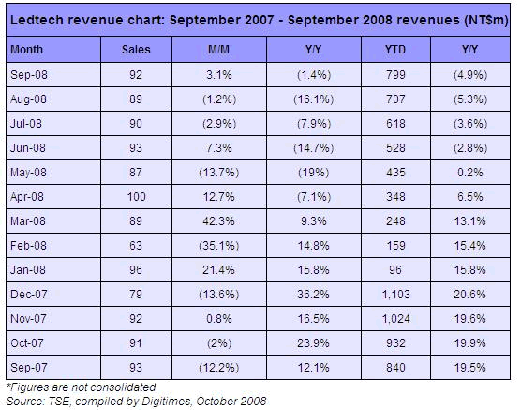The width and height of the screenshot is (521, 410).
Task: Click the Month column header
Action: tap(26, 50)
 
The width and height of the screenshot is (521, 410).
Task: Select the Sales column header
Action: tap(136, 50)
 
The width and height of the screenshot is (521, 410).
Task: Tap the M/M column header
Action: tap(218, 50)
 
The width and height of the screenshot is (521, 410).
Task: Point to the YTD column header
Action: tap(395, 50)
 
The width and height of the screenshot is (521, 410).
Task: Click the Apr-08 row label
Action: tap(27, 197)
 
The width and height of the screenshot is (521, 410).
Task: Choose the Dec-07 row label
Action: tap(28, 295)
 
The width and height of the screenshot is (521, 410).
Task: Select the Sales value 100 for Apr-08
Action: tap(137, 197)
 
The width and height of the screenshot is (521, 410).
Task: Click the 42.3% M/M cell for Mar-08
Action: tap(218, 221)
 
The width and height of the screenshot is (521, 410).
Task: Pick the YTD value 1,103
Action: tap(396, 295)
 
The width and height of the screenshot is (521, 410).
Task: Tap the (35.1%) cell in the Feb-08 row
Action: tap(218, 246)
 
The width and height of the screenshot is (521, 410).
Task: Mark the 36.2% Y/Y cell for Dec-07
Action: tap(313, 295)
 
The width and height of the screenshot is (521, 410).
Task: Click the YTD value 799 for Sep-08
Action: tap(395, 74)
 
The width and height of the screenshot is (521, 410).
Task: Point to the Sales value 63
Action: tap(136, 246)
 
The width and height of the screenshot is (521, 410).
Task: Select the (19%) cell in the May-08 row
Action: tap(313, 173)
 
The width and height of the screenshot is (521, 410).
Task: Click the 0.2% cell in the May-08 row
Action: tap(470, 173)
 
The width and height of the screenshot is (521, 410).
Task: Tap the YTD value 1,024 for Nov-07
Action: tap(396, 318)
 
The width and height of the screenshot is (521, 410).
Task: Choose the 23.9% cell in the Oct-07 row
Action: tap(313, 343)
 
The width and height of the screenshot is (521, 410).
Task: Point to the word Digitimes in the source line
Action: tap(166, 401)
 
